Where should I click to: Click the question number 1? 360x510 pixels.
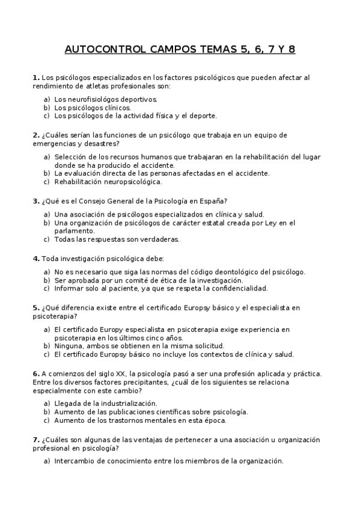[x=35, y=78]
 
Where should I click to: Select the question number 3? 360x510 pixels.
[x=35, y=200]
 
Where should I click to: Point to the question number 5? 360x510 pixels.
[x=35, y=307]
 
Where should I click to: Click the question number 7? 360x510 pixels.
[x=35, y=440]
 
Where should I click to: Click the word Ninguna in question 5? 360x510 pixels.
[x=69, y=346]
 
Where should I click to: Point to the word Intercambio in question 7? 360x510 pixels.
[x=75, y=461]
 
